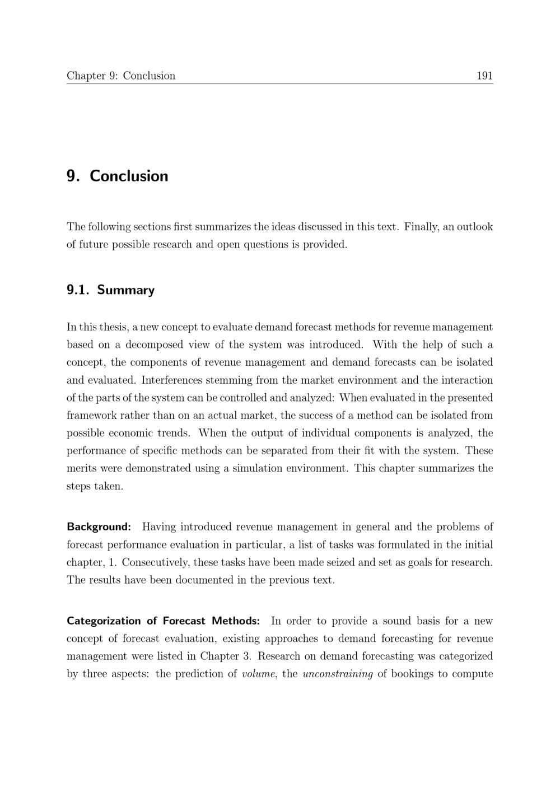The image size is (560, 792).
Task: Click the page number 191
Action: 484,76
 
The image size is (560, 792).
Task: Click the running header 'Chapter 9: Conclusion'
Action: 121,76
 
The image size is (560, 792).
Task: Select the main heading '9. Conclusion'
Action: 118,176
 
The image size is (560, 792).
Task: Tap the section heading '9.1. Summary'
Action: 110,290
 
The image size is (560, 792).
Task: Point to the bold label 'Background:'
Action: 99,527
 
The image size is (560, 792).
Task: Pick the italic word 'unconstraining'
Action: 338,674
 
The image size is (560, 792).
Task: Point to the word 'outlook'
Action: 475,227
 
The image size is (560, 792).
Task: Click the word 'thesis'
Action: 113,327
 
